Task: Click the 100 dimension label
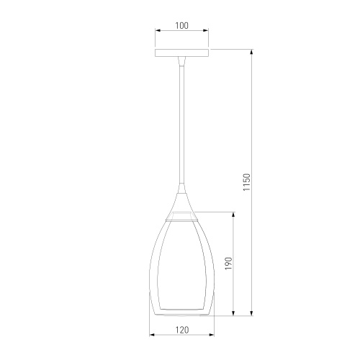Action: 181,25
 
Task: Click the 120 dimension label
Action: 181,330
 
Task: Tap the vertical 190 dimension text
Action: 229,264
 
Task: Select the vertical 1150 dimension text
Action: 247,182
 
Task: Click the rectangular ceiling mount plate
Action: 181,53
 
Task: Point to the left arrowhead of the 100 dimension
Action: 158,30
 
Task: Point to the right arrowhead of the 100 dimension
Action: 206,30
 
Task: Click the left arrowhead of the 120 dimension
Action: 152,335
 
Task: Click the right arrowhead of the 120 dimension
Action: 212,335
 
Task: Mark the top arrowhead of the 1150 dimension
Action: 251,52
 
